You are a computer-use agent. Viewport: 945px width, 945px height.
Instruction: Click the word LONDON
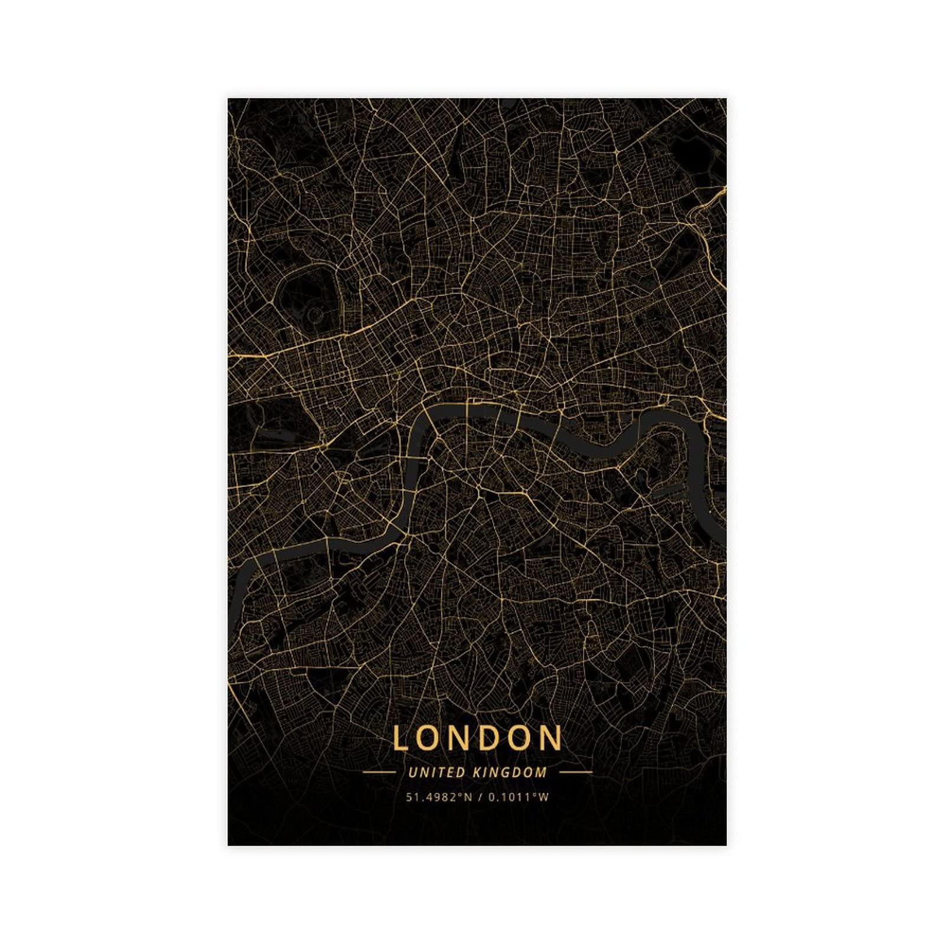pyautogui.click(x=477, y=738)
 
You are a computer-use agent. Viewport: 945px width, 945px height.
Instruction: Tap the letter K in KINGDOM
pyautogui.click(x=477, y=772)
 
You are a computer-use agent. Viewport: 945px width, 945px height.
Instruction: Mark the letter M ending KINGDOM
pyautogui.click(x=542, y=772)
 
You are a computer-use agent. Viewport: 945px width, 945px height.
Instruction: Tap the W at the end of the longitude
pyautogui.click(x=545, y=797)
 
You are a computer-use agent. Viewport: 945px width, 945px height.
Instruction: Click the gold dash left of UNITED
pyautogui.click(x=379, y=772)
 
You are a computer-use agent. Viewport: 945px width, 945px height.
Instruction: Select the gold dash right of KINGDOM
pyautogui.click(x=575, y=772)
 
